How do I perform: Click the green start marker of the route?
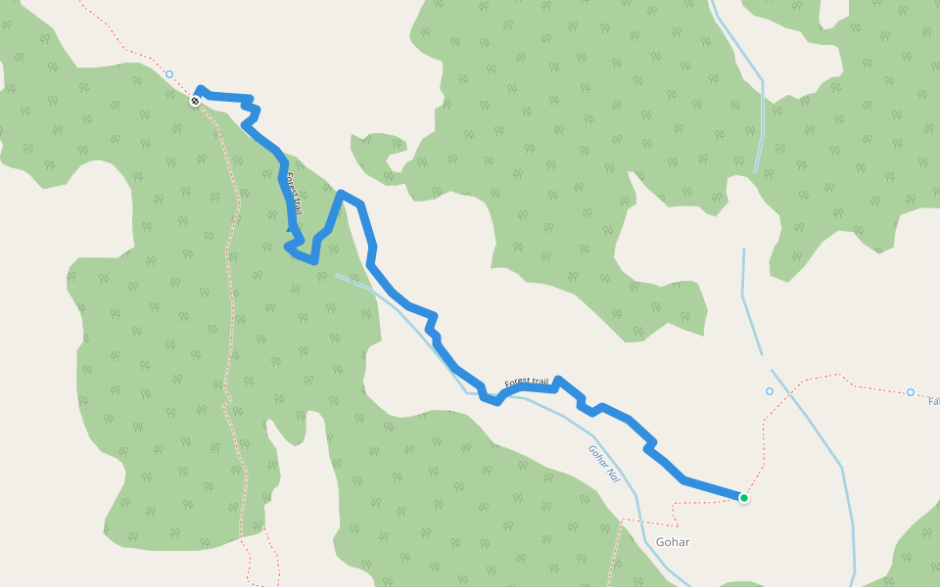(x=744, y=498)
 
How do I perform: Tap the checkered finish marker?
(x=196, y=101)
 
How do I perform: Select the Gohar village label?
(x=673, y=541)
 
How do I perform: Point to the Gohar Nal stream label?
(x=604, y=463)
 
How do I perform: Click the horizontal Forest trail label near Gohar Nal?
(x=527, y=381)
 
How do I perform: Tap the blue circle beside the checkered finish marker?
(x=169, y=74)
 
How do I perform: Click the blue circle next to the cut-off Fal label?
(x=910, y=392)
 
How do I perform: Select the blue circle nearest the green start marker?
(x=770, y=391)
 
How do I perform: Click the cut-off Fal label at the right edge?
(x=933, y=401)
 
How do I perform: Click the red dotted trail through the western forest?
(x=233, y=293)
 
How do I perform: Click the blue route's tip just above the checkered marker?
(x=201, y=89)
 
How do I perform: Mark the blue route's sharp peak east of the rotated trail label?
(x=341, y=194)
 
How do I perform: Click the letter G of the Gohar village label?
(x=659, y=541)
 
